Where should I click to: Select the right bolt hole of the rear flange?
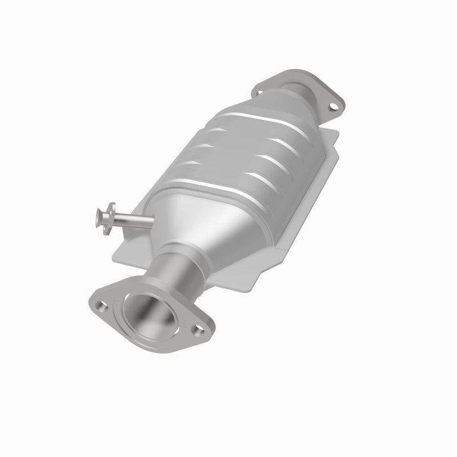(x=331, y=105)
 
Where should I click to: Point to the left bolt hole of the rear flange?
(x=260, y=90)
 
